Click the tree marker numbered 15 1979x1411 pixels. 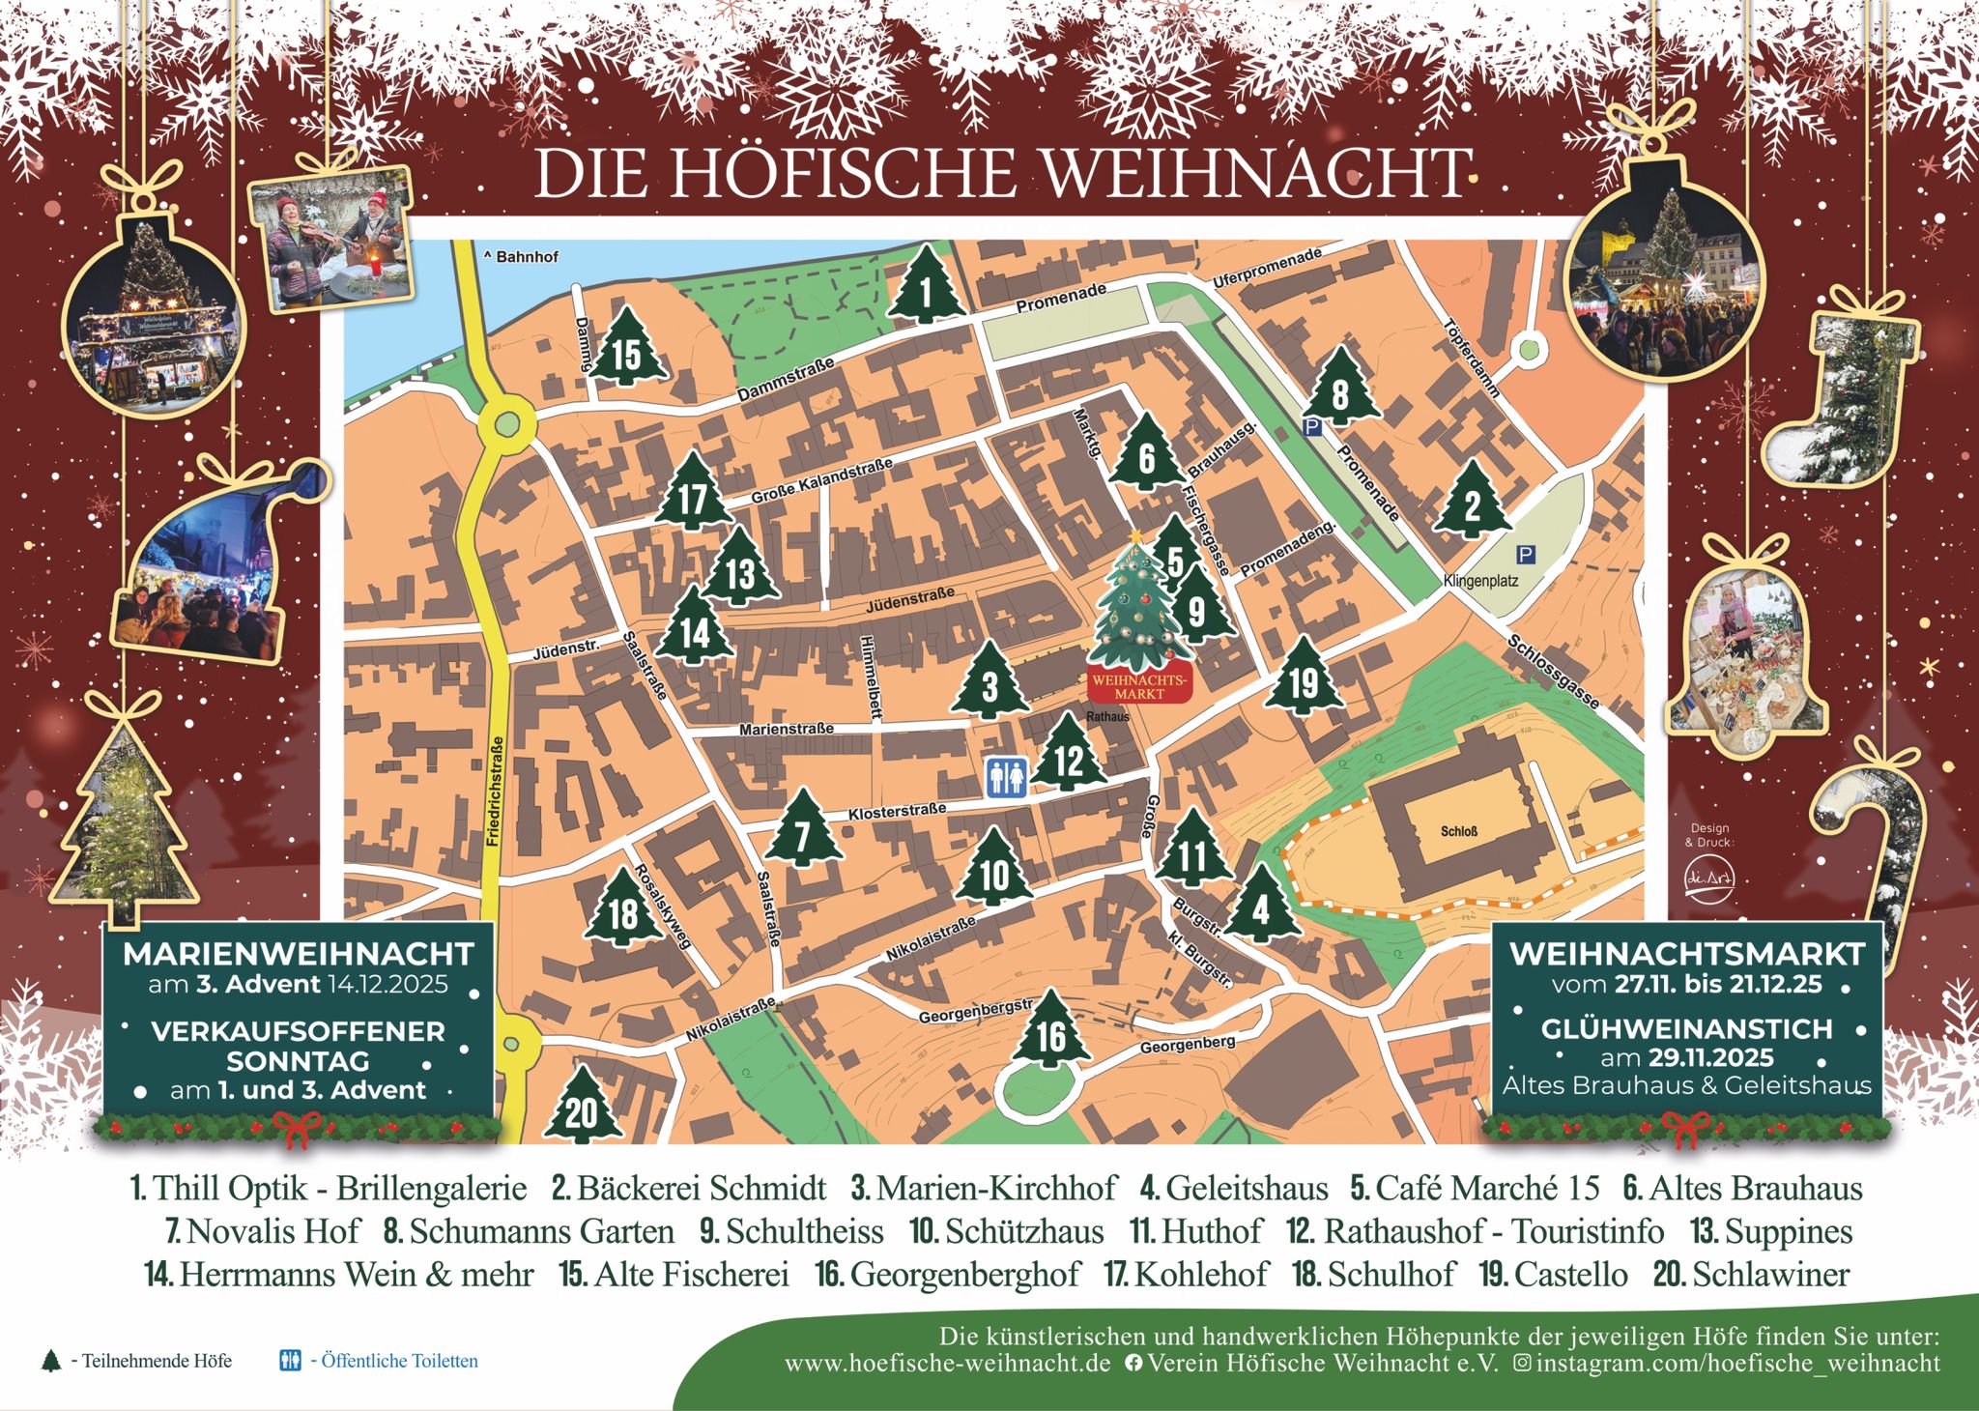coord(627,352)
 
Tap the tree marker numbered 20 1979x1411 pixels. coord(582,1109)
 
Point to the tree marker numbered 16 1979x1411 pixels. coord(1051,1034)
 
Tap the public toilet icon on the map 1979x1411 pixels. coord(1006,777)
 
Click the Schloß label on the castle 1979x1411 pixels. coord(1458,831)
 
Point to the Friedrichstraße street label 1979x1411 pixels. coord(496,792)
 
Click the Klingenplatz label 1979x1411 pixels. coord(1480,581)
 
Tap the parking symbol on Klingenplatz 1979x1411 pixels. coord(1525,554)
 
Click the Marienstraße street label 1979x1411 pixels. coord(786,729)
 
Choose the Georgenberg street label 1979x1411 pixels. coord(1188,1045)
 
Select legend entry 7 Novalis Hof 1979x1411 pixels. coord(263,1231)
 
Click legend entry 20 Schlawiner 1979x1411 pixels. coord(1751,1274)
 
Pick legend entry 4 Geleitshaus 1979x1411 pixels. coord(1234,1188)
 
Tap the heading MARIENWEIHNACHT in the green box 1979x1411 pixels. coord(298,955)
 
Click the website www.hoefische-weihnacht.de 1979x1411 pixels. coord(947,1364)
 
